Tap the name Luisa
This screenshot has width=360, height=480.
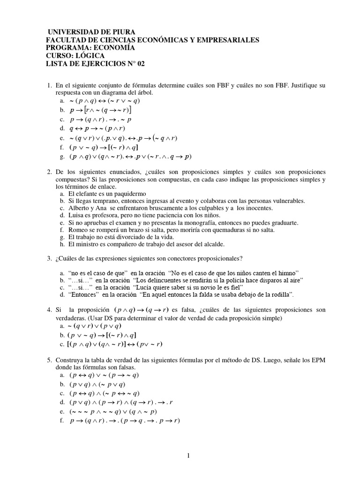pyautogui.click(x=77, y=215)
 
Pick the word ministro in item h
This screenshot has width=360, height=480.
pyautogui.click(x=90, y=244)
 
